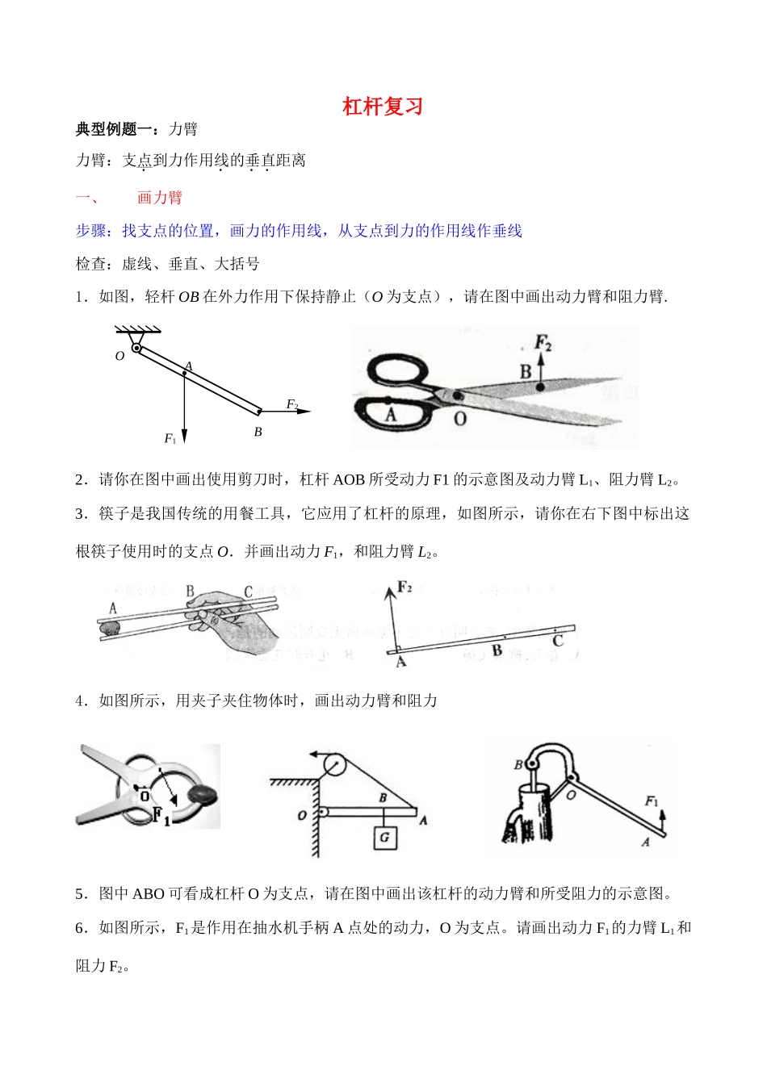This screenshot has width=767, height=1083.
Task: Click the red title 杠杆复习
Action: click(383, 107)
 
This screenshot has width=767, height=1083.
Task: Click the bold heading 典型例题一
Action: click(113, 129)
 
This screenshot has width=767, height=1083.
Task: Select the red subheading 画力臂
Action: click(159, 198)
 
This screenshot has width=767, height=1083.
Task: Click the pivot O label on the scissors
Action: click(460, 419)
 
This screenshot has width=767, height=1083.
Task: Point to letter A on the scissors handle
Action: click(391, 415)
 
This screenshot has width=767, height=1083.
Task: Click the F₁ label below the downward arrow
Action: click(170, 438)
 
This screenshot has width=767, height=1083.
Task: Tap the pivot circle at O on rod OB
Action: click(137, 349)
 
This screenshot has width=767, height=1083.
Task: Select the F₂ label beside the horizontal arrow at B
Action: click(292, 404)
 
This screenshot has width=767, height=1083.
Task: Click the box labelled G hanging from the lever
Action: click(384, 837)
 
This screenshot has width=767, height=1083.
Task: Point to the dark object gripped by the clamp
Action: click(202, 794)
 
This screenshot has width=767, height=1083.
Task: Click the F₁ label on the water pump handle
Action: click(652, 801)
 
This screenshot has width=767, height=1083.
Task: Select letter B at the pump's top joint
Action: click(518, 764)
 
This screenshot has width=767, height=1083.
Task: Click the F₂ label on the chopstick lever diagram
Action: click(404, 587)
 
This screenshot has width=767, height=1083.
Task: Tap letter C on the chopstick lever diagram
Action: click(557, 641)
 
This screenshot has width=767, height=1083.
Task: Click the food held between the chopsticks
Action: click(108, 625)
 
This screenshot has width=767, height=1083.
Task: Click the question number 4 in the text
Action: click(80, 700)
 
